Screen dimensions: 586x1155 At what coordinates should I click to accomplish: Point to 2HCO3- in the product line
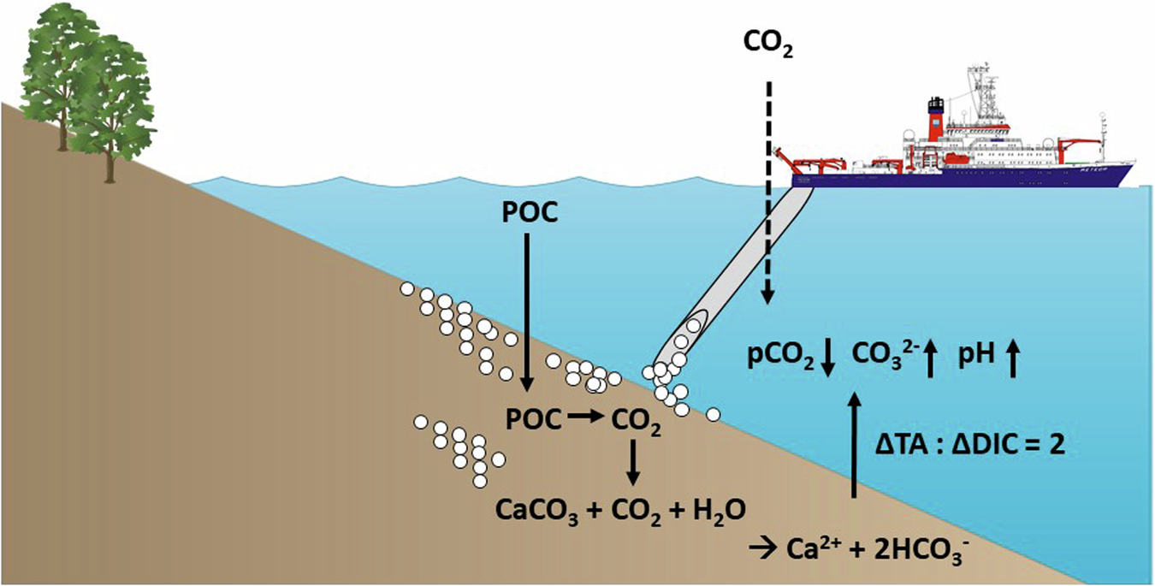(x=923, y=548)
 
